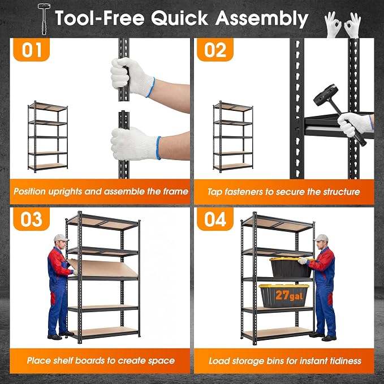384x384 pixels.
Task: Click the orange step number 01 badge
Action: pos(31,49)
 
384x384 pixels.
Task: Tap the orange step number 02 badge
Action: pos(215,49)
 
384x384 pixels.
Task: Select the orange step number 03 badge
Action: pos(31,219)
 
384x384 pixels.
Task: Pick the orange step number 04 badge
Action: pos(215,219)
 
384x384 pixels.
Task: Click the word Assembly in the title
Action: pos(261,19)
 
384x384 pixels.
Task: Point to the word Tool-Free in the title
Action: pos(100,18)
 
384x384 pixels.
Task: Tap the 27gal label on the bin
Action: pos(289,295)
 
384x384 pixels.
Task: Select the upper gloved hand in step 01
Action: pos(132,77)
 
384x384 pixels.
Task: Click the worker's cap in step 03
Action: pos(61,238)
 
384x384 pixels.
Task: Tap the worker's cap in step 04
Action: pos(321,238)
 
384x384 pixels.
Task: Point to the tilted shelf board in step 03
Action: pos(102,268)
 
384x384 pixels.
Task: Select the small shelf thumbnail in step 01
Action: pos(48,137)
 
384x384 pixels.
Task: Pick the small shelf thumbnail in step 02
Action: pos(233,137)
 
